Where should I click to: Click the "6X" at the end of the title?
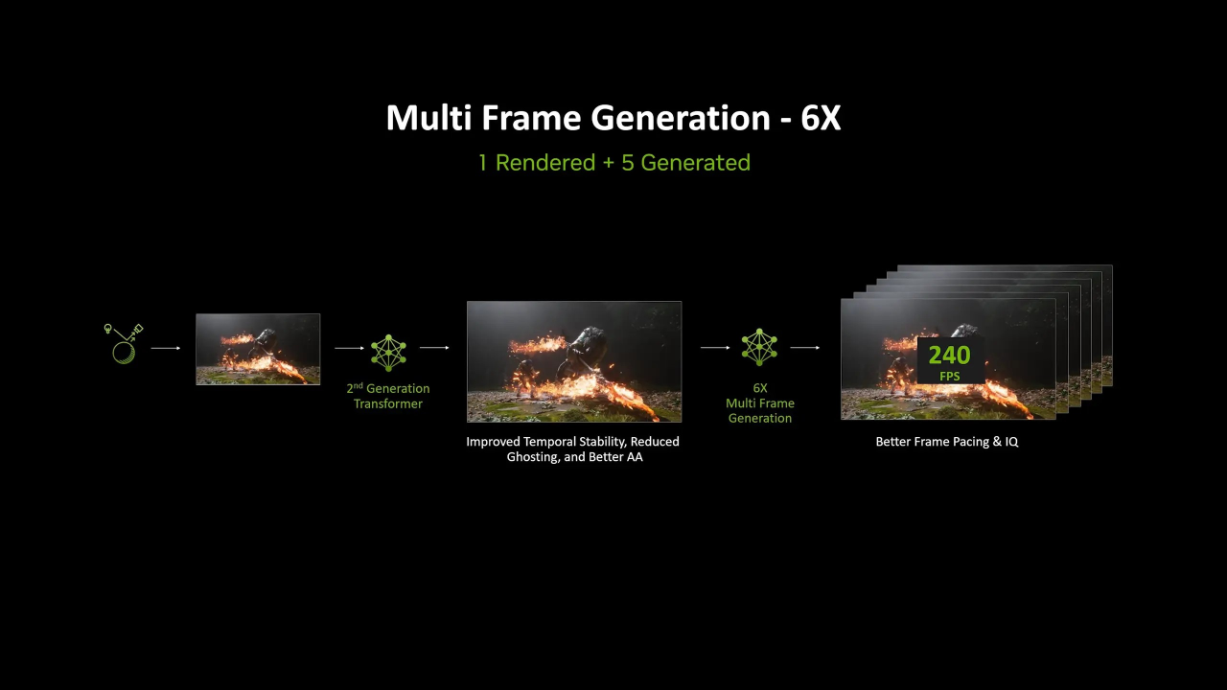pyautogui.click(x=821, y=118)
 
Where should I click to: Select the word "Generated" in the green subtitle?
pyautogui.click(x=695, y=163)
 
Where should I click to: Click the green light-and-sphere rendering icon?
pyautogui.click(x=124, y=344)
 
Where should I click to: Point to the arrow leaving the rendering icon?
pyautogui.click(x=166, y=348)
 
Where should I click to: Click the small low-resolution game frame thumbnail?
pyautogui.click(x=258, y=349)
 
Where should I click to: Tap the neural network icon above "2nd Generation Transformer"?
pyautogui.click(x=388, y=352)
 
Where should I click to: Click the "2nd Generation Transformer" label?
pyautogui.click(x=388, y=396)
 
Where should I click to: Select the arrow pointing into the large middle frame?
pyautogui.click(x=435, y=348)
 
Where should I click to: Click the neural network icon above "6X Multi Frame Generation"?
pyautogui.click(x=759, y=347)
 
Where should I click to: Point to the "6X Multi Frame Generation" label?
pyautogui.click(x=759, y=403)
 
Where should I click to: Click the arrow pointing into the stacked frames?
pyautogui.click(x=805, y=348)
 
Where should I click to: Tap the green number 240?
pyautogui.click(x=949, y=356)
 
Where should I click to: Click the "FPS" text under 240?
pyautogui.click(x=949, y=377)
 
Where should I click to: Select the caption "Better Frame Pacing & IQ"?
pyautogui.click(x=947, y=442)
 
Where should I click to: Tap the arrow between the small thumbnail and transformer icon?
pyautogui.click(x=349, y=348)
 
